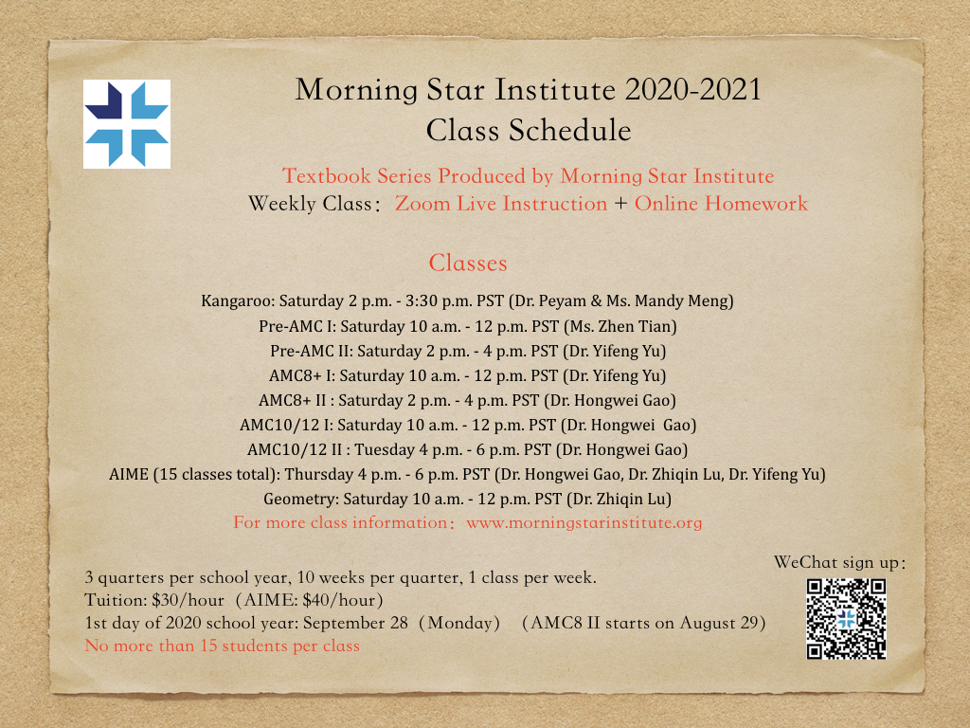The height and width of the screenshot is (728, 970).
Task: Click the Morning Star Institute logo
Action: pos(127,124)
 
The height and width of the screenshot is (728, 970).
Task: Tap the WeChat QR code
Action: pos(846,618)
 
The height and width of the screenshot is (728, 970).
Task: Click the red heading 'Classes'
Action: pos(468,264)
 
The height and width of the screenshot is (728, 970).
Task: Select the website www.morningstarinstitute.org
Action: pos(584,522)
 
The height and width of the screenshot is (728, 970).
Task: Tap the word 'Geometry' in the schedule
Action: pos(300,499)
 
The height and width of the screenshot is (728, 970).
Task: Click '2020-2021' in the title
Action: pos(692,90)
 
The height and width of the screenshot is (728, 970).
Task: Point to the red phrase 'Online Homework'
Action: pos(721,204)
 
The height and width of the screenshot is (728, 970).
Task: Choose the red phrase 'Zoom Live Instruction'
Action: pos(501,204)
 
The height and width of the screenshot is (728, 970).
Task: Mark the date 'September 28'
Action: pos(355,624)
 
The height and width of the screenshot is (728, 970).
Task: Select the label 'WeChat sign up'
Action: pos(835,563)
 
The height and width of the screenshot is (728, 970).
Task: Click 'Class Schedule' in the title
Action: pos(529,130)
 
